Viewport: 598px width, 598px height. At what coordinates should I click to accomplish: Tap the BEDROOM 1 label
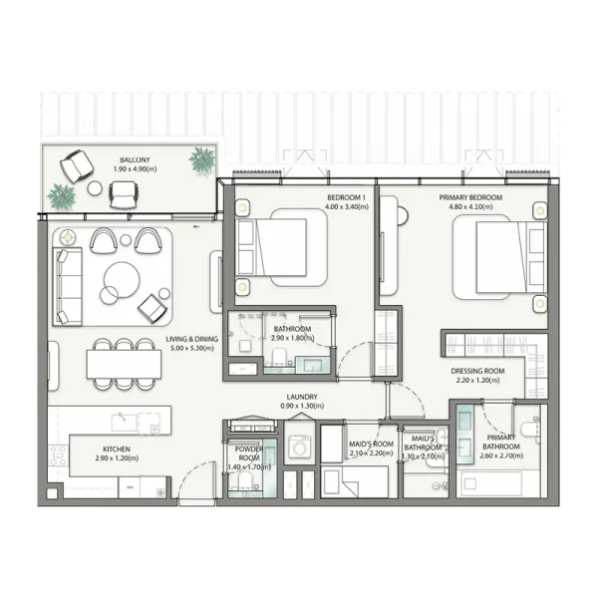(347, 198)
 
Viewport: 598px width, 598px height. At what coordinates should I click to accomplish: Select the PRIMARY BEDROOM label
(470, 198)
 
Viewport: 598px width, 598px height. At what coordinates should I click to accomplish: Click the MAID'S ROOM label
(371, 444)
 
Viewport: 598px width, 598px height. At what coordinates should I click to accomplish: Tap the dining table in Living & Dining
(124, 364)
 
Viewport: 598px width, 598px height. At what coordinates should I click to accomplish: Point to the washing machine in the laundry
(300, 444)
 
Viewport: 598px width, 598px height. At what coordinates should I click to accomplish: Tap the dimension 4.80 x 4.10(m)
(470, 208)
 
